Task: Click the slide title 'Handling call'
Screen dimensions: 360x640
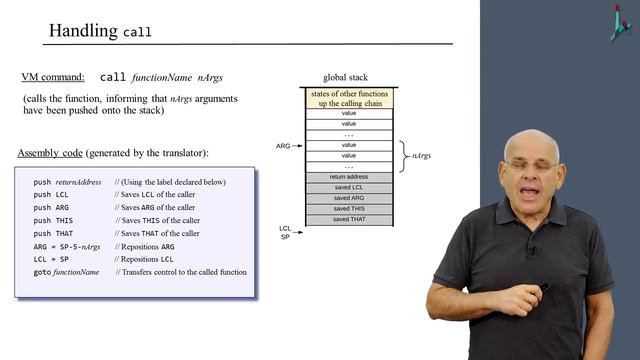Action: coord(100,31)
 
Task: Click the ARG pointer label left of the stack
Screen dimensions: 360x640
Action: coord(283,146)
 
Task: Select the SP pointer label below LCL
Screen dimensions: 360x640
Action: coord(285,237)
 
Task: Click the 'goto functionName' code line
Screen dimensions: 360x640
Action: coord(66,272)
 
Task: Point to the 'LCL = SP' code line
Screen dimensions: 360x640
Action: coord(51,259)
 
